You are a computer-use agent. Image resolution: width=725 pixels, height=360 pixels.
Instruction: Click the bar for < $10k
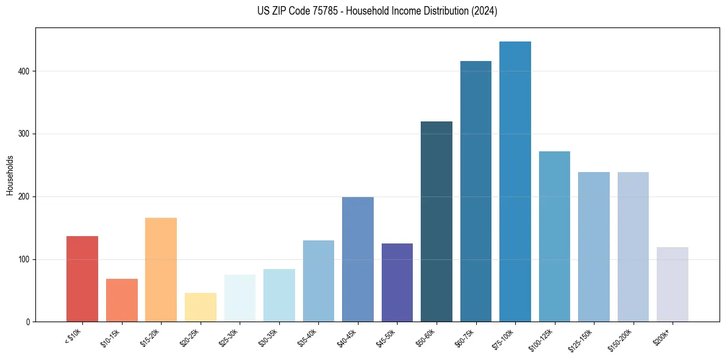[x=82, y=279]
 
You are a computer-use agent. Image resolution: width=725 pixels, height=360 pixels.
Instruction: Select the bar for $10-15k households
[x=121, y=300]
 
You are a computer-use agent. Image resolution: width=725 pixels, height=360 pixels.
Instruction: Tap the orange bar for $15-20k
[x=161, y=270]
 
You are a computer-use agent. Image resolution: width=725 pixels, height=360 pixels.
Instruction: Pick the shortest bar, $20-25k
[x=200, y=308]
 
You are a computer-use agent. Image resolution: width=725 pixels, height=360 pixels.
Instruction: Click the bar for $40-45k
[x=357, y=259]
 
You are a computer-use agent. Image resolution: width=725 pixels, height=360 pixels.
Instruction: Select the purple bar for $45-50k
[x=397, y=283]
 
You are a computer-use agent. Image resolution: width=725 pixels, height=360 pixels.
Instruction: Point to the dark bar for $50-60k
[x=437, y=221]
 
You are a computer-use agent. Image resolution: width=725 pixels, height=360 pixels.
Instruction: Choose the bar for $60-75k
[x=476, y=192]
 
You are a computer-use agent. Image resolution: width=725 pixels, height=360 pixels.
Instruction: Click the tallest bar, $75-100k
[x=515, y=182]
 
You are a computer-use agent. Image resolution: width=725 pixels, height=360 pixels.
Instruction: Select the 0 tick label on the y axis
[x=28, y=322]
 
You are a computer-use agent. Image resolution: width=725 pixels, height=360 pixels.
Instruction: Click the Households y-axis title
[x=10, y=176]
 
